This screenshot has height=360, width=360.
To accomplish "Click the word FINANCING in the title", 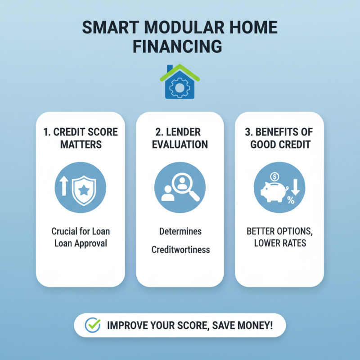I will pos(180,46).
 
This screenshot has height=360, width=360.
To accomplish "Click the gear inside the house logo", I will pos(180,87).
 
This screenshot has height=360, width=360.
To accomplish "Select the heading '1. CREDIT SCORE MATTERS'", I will pos(81,139).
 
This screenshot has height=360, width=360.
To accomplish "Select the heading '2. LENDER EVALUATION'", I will pos(180,139).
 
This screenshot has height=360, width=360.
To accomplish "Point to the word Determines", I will pos(180,232).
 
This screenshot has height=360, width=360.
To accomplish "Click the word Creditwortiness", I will pos(180,249).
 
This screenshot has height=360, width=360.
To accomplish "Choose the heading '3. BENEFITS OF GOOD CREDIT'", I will pos(279,139).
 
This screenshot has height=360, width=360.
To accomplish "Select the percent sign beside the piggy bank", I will pos(291,201).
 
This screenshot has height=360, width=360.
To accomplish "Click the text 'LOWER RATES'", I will pos(279,243).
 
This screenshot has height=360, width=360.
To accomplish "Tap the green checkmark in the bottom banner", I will pos(93,325).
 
